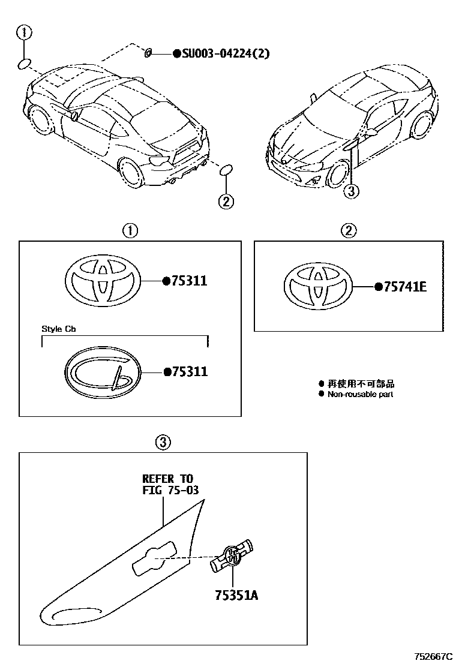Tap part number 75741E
click(x=404, y=287)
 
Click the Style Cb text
click(x=59, y=329)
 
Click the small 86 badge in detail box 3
click(x=232, y=555)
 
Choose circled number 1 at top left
click(x=24, y=32)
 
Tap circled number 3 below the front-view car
click(x=352, y=191)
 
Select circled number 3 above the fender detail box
click(x=163, y=443)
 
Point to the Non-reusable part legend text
click(x=360, y=394)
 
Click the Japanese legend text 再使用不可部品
click(x=361, y=384)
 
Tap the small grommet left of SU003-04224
click(x=148, y=54)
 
